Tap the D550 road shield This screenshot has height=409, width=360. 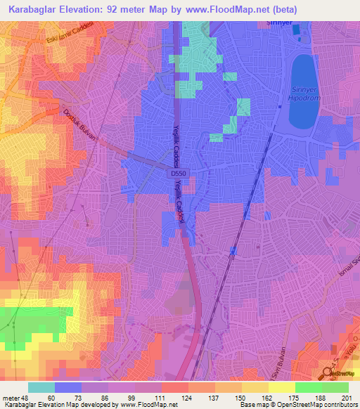click(x=177, y=172)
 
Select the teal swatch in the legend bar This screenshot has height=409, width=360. click(x=41, y=387)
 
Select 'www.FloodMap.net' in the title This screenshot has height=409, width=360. click(x=221, y=9)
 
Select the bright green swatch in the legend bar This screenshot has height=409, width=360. click(x=308, y=387)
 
